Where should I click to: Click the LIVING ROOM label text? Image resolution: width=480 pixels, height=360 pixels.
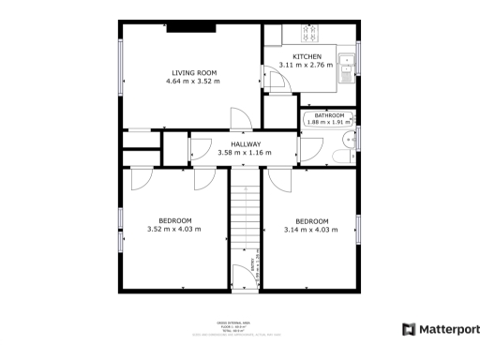click(x=194, y=73)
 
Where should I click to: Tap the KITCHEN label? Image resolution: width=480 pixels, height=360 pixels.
click(x=307, y=57)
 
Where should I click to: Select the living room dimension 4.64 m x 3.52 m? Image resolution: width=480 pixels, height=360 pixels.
click(x=194, y=82)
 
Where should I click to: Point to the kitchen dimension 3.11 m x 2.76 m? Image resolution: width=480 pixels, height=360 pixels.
click(x=307, y=65)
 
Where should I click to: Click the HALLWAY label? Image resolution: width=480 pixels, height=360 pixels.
click(x=246, y=144)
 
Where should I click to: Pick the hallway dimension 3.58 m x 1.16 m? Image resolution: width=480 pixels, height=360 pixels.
click(x=244, y=153)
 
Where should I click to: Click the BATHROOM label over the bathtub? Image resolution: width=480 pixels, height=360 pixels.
click(x=329, y=115)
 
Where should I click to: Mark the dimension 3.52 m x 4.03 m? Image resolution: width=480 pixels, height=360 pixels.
click(x=173, y=229)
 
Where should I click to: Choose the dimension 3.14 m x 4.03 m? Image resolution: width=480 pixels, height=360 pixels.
click(x=311, y=229)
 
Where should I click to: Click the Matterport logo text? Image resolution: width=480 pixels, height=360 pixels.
click(x=448, y=329)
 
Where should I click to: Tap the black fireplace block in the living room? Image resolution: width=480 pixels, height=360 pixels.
click(x=191, y=27)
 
